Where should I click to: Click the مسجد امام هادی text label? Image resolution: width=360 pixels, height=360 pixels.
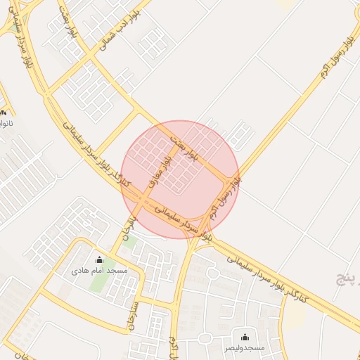[99, 271]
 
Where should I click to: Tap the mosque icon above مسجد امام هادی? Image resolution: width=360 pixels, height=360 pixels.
[98, 259]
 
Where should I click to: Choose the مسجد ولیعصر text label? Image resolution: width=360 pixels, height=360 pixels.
[245, 348]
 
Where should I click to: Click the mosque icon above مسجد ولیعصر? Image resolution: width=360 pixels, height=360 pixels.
[245, 337]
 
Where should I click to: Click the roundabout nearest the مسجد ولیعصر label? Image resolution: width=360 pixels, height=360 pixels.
[204, 339]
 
